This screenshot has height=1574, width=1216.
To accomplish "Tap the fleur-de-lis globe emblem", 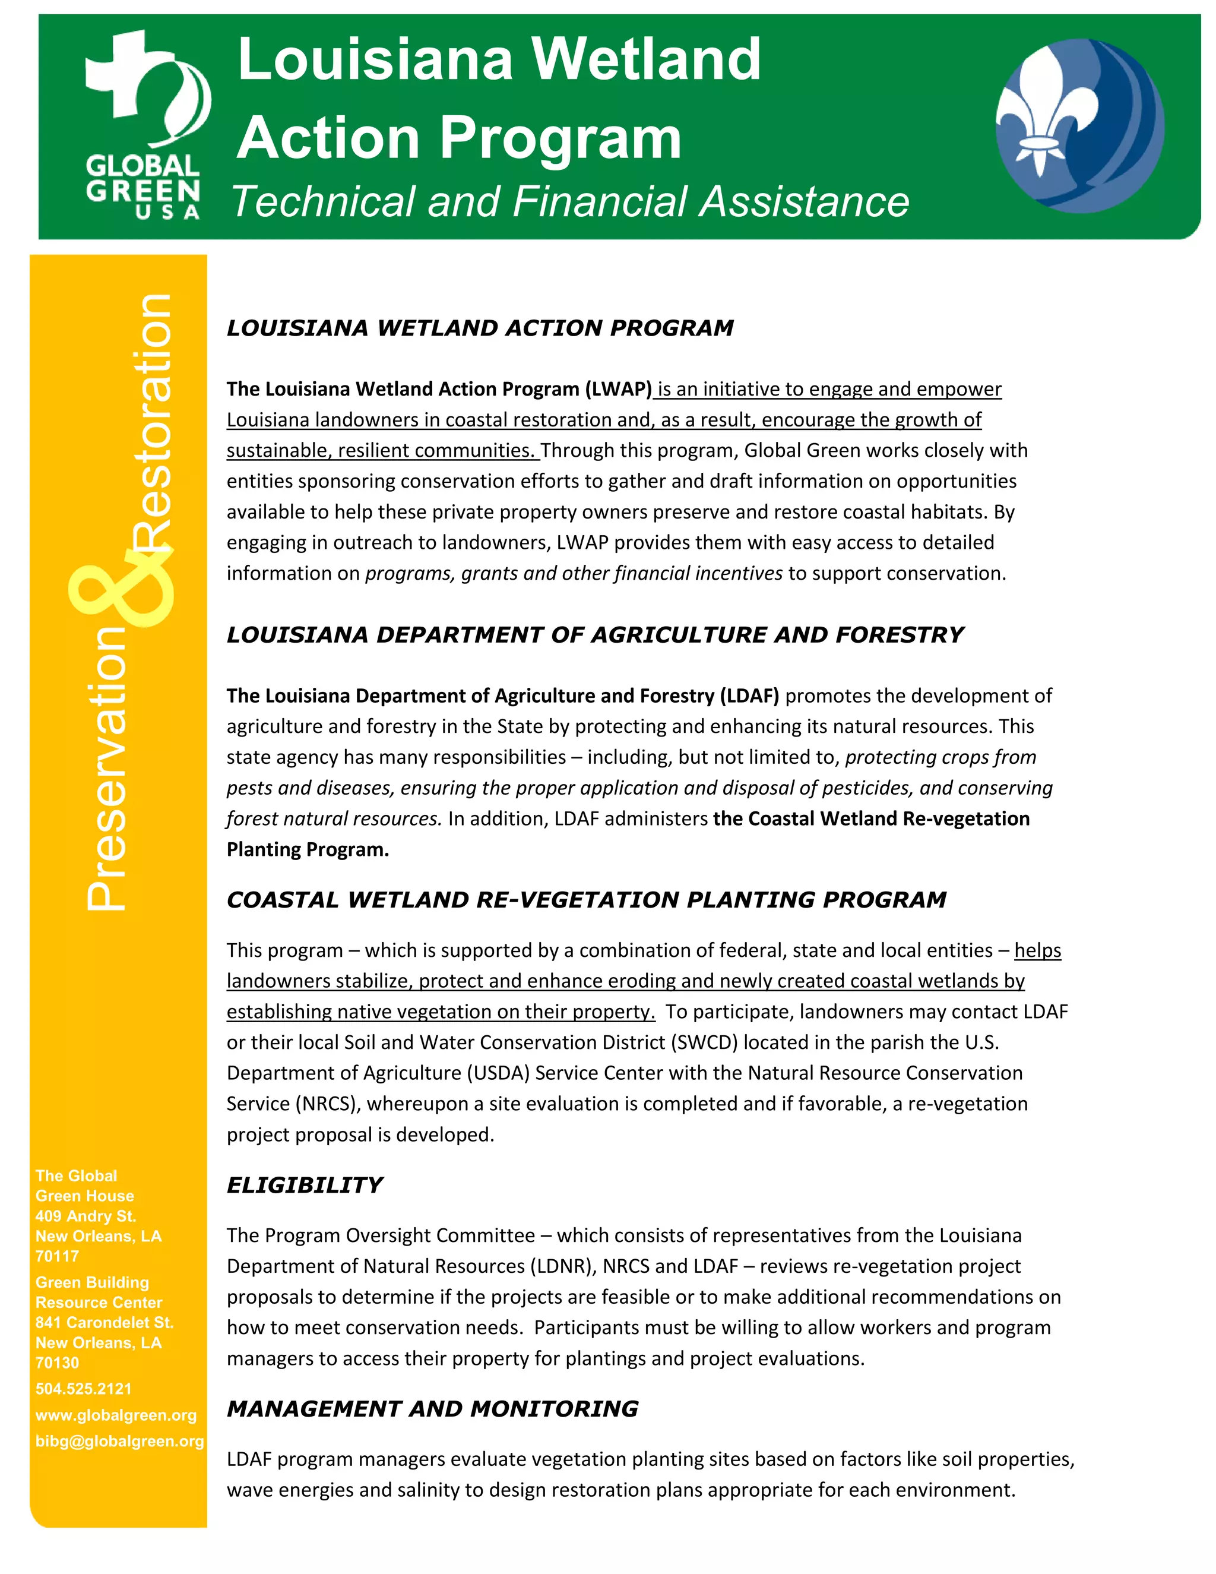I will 1078,126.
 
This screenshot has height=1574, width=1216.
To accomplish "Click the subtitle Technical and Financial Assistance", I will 569,201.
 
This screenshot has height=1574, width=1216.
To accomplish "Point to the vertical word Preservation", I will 107,767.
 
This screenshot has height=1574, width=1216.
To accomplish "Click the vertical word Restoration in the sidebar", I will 153,422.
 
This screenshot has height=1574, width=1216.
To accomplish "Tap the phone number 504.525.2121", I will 84,1389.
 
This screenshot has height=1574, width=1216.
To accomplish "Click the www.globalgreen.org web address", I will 116,1415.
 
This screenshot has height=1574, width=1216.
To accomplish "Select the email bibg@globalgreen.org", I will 119,1441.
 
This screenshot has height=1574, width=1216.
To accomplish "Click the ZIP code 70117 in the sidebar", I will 57,1256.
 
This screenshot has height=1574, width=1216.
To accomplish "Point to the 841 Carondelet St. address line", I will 104,1323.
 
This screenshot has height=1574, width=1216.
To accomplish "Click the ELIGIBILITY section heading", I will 304,1186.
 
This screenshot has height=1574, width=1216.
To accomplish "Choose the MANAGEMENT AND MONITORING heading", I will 432,1409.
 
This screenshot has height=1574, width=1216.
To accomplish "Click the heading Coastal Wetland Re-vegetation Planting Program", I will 585,900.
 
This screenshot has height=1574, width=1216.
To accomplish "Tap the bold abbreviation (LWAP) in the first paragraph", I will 618,389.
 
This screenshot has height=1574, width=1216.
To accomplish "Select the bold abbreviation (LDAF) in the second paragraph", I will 749,696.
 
